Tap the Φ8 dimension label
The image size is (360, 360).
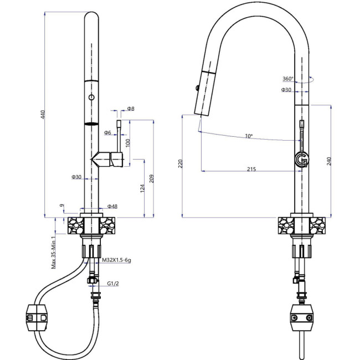(x=131, y=109)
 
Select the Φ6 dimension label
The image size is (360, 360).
(x=107, y=132)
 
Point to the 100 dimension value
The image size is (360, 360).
(x=128, y=142)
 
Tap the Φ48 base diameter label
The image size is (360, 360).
(x=112, y=206)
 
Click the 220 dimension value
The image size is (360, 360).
(x=179, y=165)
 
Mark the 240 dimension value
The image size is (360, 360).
(x=330, y=162)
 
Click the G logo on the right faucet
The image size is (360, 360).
(x=302, y=159)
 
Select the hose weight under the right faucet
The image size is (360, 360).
(x=302, y=318)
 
